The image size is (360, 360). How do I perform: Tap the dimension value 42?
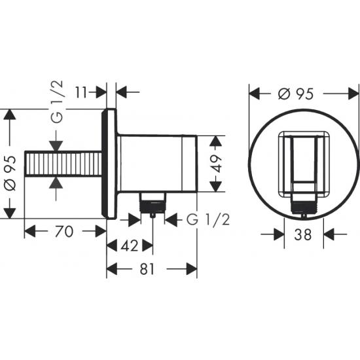[130, 245]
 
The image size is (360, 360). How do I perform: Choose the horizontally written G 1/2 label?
[208, 219]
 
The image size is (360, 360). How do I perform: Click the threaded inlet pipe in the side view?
[65, 164]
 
